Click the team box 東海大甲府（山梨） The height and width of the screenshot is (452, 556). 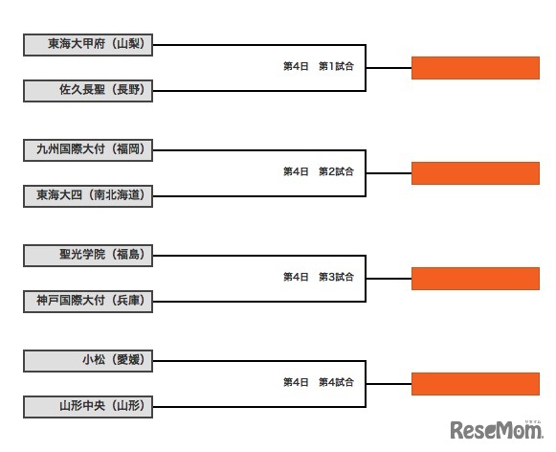tap(88, 44)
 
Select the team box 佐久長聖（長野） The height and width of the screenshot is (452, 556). tap(88, 92)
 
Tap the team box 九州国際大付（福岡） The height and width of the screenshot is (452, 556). tap(88, 148)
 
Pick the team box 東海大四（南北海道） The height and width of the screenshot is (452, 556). tap(88, 196)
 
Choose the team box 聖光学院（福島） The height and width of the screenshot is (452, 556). tap(88, 255)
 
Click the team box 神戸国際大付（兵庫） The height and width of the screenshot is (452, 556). tap(88, 302)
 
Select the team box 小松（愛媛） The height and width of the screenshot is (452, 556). tap(88, 360)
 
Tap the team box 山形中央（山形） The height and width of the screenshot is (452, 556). tap(88, 407)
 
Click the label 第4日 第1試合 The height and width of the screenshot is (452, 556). tap(319, 66)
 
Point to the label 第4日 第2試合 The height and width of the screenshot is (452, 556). tap(319, 171)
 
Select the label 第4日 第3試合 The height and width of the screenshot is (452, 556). tap(319, 277)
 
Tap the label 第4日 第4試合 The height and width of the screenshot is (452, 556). tap(319, 382)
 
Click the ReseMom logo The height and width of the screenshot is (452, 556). tap(498, 428)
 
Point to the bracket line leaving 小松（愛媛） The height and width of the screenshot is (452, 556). tap(258, 360)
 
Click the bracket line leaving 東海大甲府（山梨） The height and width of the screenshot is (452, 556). tap(258, 44)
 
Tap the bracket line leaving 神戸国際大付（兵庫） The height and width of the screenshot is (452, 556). tap(258, 302)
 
